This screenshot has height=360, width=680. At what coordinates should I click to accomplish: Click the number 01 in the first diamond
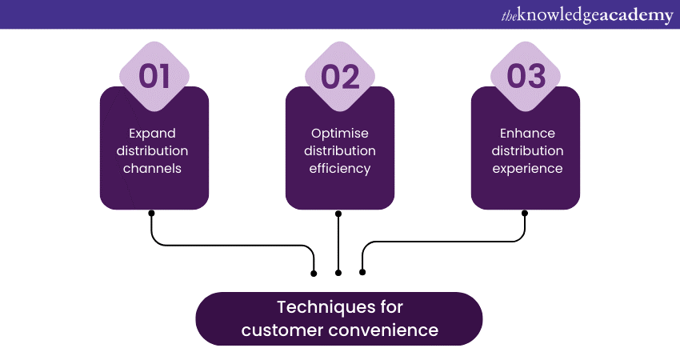[x=154, y=77]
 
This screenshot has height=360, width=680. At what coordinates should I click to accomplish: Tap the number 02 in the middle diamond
[x=340, y=77]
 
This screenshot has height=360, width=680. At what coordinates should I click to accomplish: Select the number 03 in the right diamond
[x=526, y=77]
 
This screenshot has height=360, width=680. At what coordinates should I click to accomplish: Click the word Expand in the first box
[x=152, y=133]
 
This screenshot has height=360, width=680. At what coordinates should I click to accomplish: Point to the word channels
[x=154, y=169]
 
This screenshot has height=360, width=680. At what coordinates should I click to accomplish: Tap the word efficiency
[x=340, y=169]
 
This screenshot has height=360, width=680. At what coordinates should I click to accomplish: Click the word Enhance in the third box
[x=526, y=133]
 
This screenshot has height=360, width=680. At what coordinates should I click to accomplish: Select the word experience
[x=526, y=169]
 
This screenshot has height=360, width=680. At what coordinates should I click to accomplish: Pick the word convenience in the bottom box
[x=388, y=330]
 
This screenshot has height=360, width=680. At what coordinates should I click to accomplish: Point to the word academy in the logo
[x=633, y=15]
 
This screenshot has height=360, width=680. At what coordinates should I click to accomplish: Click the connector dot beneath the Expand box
[x=151, y=213]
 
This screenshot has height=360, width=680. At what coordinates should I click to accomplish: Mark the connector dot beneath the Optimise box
[x=338, y=213]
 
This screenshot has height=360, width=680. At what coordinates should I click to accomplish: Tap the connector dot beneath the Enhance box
[x=526, y=213]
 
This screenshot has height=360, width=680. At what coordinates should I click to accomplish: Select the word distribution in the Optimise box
[x=340, y=151]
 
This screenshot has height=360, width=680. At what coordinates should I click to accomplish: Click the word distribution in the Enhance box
[x=526, y=151]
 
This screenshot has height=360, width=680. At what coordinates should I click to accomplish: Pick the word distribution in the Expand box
[x=154, y=151]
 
